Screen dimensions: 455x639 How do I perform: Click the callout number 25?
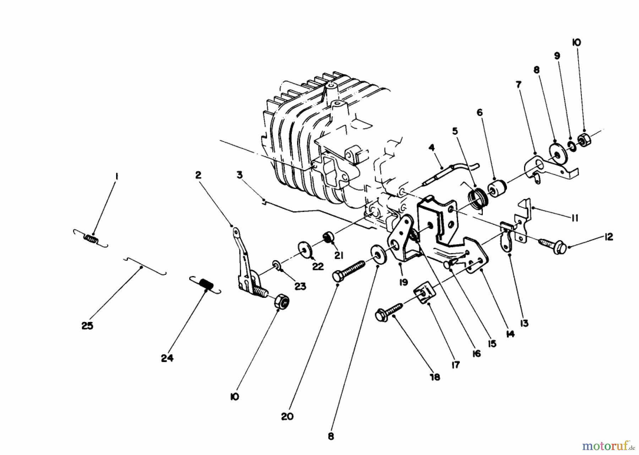pos(87,326)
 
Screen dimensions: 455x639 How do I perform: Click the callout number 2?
pos(198,175)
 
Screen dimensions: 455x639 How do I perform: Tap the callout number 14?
pos(510,334)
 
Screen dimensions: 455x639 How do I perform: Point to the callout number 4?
pos(431,147)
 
